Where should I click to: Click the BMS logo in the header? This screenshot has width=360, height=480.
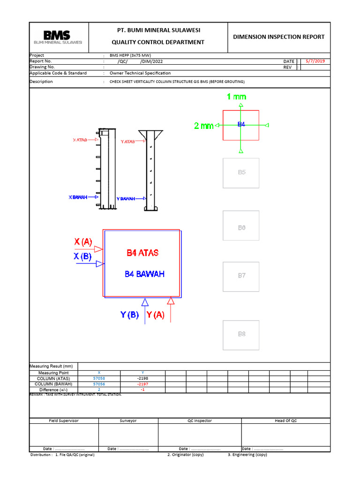(x=57, y=37)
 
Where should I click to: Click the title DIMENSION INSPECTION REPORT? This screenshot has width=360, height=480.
(x=278, y=37)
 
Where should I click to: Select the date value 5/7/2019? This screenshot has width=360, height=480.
(x=315, y=61)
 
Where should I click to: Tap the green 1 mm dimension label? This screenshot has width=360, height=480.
(x=236, y=97)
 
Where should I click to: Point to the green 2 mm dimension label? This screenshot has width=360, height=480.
(x=203, y=126)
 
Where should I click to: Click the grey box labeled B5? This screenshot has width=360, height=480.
(x=241, y=172)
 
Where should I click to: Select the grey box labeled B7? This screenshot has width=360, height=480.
(x=241, y=276)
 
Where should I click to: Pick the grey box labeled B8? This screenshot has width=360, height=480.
(x=241, y=335)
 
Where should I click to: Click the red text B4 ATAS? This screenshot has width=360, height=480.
(x=142, y=253)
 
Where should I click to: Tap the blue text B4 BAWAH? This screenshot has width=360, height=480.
(x=144, y=274)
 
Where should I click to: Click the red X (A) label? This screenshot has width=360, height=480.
(x=83, y=242)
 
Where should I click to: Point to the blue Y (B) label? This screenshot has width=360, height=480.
(x=129, y=315)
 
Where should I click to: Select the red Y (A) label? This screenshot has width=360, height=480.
(x=156, y=315)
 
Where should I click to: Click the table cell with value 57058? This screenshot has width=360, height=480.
(x=99, y=378)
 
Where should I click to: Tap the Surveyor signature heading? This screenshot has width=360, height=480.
(x=128, y=420)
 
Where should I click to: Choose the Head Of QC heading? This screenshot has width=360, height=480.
(x=285, y=420)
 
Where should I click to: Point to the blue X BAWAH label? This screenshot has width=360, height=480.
(x=78, y=197)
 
